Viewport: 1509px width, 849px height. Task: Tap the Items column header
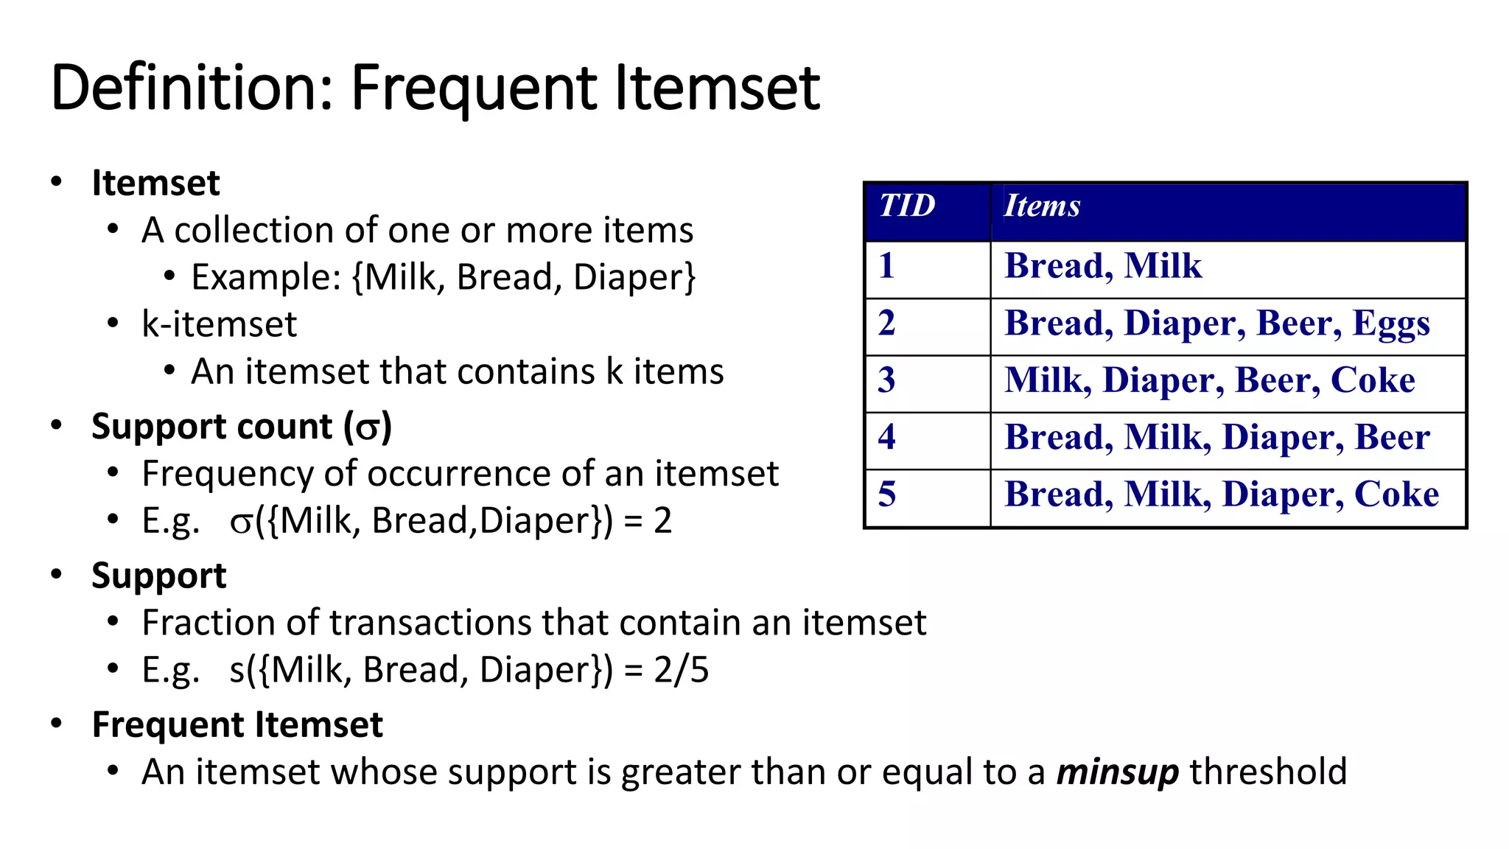tap(1042, 206)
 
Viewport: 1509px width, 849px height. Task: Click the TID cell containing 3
tap(887, 380)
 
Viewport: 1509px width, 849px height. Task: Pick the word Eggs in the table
tap(1391, 324)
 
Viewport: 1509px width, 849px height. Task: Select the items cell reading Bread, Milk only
tap(1102, 266)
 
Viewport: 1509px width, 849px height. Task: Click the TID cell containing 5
tap(887, 495)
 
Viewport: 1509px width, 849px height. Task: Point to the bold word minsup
tap(1117, 772)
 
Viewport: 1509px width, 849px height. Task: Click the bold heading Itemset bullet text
tap(155, 183)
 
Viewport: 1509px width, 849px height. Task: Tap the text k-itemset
tap(219, 324)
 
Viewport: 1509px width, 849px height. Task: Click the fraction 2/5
tap(681, 670)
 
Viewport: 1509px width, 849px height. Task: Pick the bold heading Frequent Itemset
tap(237, 724)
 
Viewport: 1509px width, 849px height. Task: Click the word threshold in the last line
tap(1267, 772)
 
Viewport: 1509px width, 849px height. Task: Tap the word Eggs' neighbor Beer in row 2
tap(1298, 324)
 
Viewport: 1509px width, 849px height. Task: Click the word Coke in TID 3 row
tap(1373, 380)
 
